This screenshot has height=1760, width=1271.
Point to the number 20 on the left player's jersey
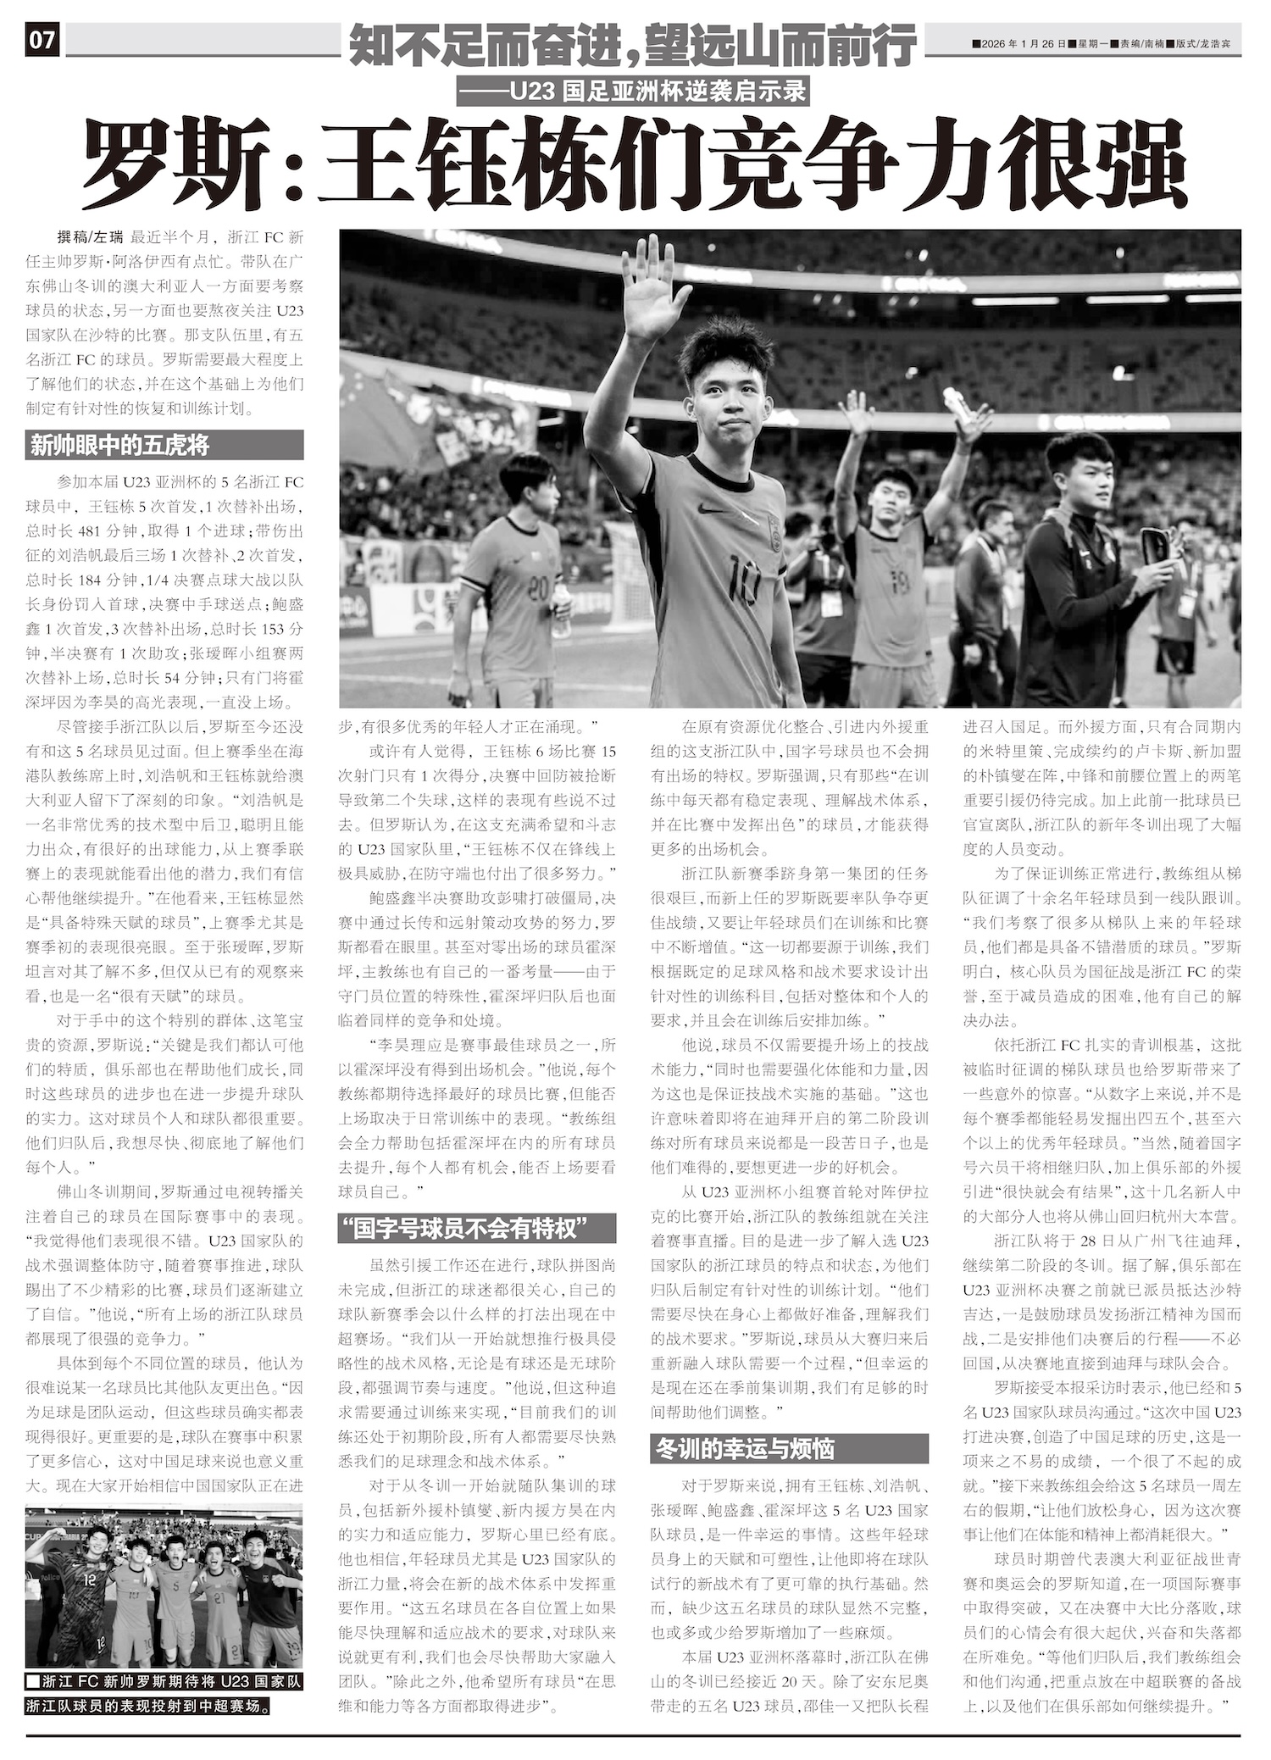coord(537,587)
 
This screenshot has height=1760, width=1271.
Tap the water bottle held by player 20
coord(561,610)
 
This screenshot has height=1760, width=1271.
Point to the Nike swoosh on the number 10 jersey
coord(710,508)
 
